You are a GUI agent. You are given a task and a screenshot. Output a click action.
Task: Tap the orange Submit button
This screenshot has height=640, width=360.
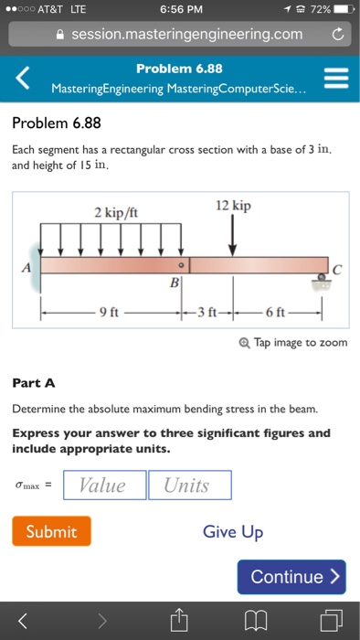point(51,531)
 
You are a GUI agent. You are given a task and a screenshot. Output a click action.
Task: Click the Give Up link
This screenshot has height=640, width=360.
point(233,531)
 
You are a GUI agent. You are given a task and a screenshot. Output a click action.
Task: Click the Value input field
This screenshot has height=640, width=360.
point(104,485)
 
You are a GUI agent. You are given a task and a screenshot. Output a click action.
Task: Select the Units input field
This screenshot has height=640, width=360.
point(189,485)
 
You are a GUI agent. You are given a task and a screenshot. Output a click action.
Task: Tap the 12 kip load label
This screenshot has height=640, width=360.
point(233,206)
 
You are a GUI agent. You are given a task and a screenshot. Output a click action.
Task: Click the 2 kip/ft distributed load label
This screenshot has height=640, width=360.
point(116,212)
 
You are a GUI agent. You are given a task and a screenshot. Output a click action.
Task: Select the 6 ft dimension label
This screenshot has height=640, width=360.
point(276,313)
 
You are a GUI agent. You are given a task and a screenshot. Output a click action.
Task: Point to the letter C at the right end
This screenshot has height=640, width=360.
point(337,267)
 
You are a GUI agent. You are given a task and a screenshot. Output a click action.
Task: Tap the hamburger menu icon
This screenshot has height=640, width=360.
point(336,79)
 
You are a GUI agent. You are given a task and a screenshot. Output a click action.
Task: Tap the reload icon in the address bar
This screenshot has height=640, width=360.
point(337,35)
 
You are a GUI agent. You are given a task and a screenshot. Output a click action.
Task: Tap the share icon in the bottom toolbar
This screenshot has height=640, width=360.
point(180,621)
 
